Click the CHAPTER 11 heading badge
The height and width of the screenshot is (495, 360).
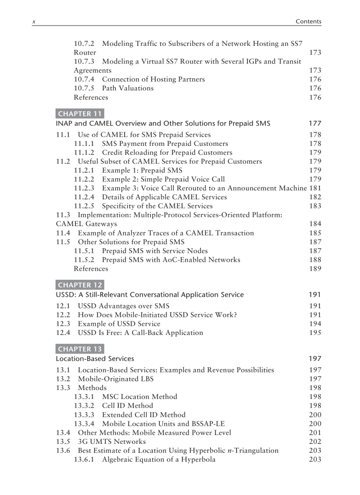pyautogui.click(x=80, y=114)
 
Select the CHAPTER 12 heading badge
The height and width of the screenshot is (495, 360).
pyautogui.click(x=80, y=285)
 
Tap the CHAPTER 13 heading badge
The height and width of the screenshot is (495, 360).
pyautogui.click(x=80, y=349)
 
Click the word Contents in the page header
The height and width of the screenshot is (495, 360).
pyautogui.click(x=308, y=21)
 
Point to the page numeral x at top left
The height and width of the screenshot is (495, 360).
pyautogui.click(x=34, y=22)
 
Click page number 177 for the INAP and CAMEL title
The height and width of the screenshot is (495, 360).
pyautogui.click(x=315, y=123)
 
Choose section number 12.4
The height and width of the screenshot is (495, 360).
pyautogui.click(x=63, y=333)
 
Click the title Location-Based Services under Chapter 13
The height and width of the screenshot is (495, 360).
pyautogui.click(x=95, y=359)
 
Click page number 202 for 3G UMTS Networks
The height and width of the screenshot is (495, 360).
pyautogui.click(x=315, y=441)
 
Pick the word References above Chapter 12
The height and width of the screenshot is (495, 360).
pyautogui.click(x=90, y=268)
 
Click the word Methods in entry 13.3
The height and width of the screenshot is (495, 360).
pyautogui.click(x=92, y=388)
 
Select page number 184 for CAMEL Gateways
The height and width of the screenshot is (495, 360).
pyautogui.click(x=315, y=224)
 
